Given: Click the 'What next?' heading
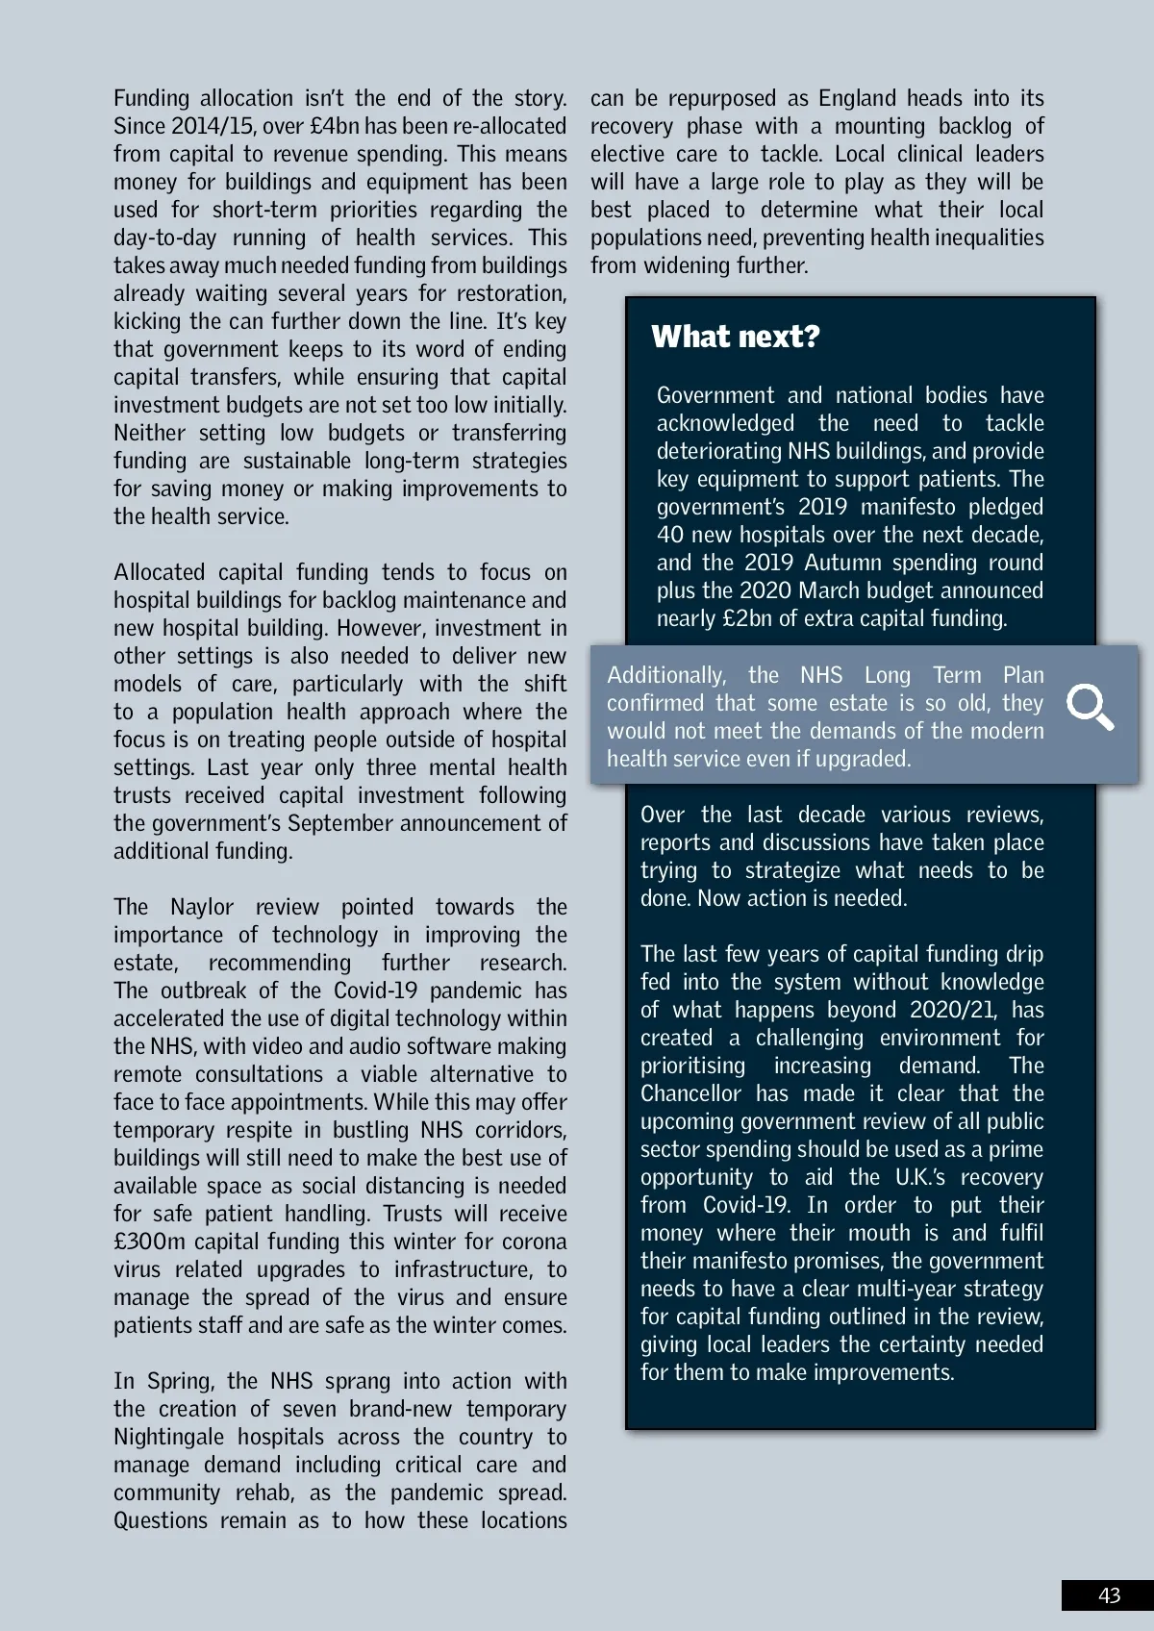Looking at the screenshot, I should pos(736,337).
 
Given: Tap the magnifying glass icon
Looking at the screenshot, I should pos(1091,708).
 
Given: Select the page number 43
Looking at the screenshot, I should pos(1109,1595).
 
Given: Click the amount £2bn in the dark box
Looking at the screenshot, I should pos(747,618).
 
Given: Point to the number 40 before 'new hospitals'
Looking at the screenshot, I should pos(669,535).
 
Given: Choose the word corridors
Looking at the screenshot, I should pos(520,1130).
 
